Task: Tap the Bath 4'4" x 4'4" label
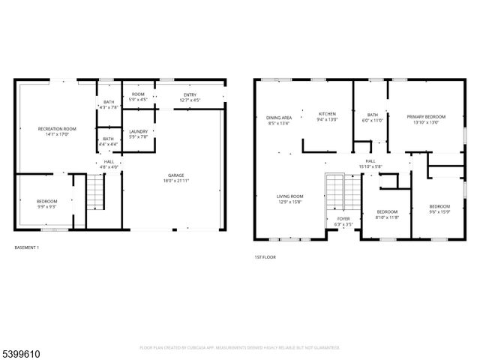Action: (109, 140)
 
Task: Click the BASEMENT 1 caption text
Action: (27, 247)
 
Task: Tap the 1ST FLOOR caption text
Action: (265, 257)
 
